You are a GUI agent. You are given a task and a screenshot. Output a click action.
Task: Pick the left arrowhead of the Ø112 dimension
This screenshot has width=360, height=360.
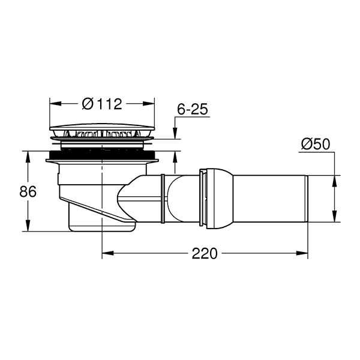[52, 104]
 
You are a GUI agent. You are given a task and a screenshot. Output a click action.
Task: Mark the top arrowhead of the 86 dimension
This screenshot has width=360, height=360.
[28, 155]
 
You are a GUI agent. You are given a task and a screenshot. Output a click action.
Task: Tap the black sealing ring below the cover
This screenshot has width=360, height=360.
[103, 158]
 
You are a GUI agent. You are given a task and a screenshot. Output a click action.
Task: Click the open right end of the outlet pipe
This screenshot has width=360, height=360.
[306, 199]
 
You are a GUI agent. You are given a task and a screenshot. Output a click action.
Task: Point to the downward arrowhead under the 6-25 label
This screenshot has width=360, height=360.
[175, 136]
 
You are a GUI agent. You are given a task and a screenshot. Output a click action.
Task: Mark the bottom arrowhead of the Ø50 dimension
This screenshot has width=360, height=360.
[334, 220]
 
